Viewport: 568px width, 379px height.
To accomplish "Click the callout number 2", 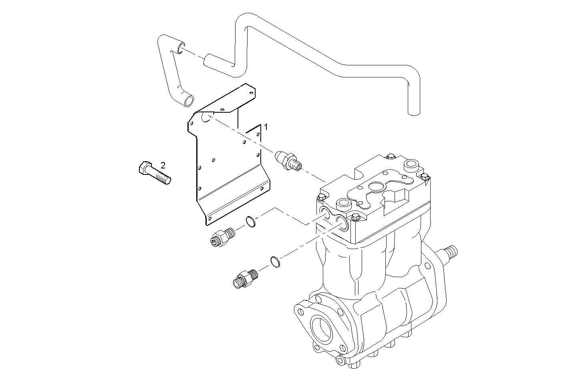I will (163, 165).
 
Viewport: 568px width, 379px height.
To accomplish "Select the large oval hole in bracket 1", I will (207, 117).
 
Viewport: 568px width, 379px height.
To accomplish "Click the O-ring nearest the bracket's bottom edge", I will (250, 221).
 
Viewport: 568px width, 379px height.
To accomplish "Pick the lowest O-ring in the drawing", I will (274, 261).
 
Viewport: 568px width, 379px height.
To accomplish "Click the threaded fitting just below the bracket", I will (220, 237).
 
